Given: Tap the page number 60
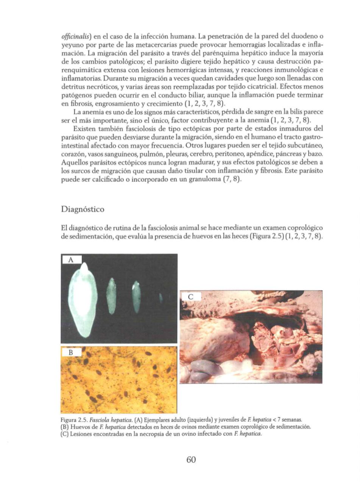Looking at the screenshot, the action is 191,460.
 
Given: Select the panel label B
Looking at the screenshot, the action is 70,353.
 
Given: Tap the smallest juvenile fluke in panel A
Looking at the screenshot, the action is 161,298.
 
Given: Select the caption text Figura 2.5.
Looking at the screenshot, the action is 73,420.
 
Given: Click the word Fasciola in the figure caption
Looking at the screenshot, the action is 96,420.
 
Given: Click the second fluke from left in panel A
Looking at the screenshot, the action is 111,295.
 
